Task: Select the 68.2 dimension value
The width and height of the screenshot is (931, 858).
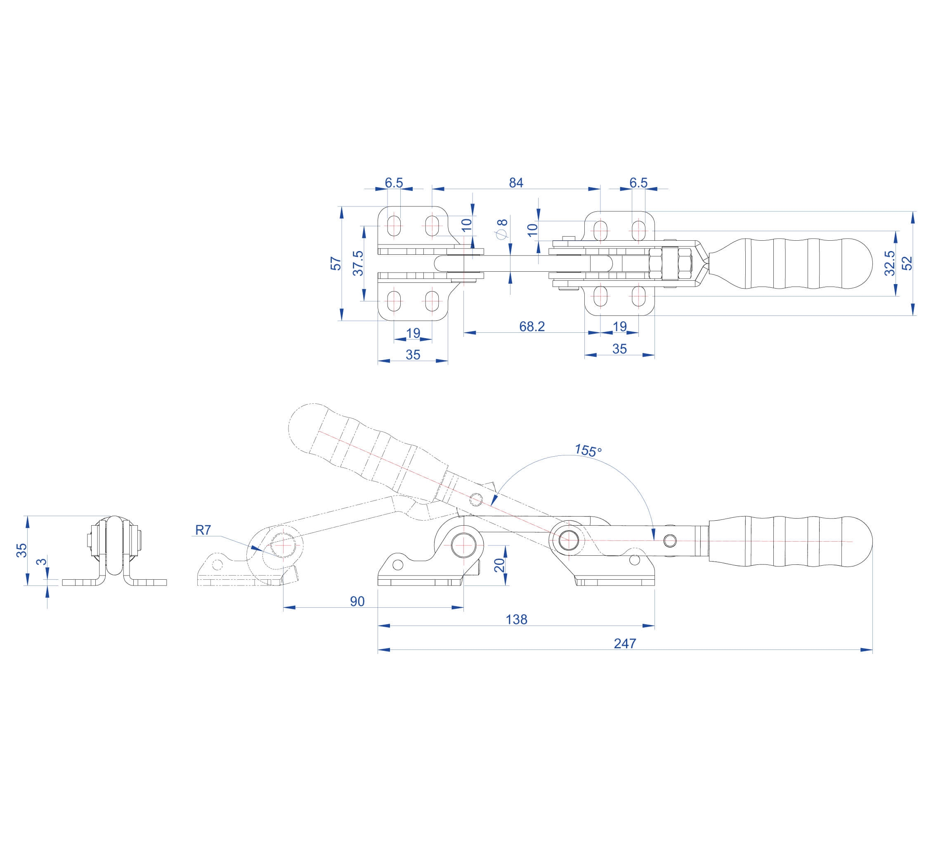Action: [532, 326]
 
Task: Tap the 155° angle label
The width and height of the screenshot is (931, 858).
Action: [588, 450]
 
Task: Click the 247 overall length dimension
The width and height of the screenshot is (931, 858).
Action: [625, 643]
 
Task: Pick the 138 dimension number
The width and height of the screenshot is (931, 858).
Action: [516, 619]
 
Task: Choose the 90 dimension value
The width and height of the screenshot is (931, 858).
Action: [357, 601]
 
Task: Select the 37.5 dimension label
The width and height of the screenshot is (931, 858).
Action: [358, 263]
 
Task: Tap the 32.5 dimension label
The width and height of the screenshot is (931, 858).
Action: [889, 263]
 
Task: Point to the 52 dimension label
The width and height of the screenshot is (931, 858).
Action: [907, 263]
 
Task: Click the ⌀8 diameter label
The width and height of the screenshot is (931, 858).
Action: [502, 229]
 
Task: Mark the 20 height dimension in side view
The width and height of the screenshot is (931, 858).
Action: [499, 565]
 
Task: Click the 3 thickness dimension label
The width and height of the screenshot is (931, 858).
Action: [42, 562]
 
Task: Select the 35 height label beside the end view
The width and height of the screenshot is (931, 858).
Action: [21, 550]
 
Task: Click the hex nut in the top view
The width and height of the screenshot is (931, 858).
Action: [655, 263]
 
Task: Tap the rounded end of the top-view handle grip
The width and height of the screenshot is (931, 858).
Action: [859, 263]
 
